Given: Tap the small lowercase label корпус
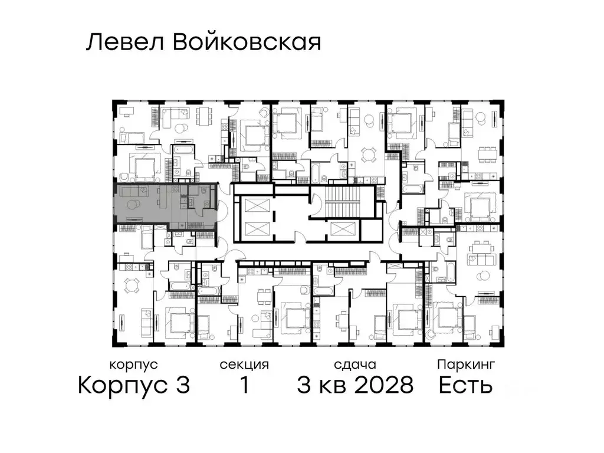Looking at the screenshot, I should (133, 365).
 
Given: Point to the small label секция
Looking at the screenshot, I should (244, 365).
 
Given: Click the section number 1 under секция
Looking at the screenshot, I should (244, 386).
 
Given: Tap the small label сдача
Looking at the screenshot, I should (354, 365).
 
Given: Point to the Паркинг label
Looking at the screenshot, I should (465, 365).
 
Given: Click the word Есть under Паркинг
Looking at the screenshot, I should (465, 386).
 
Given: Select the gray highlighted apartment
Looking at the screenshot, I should (165, 203).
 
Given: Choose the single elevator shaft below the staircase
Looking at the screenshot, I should (342, 230).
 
